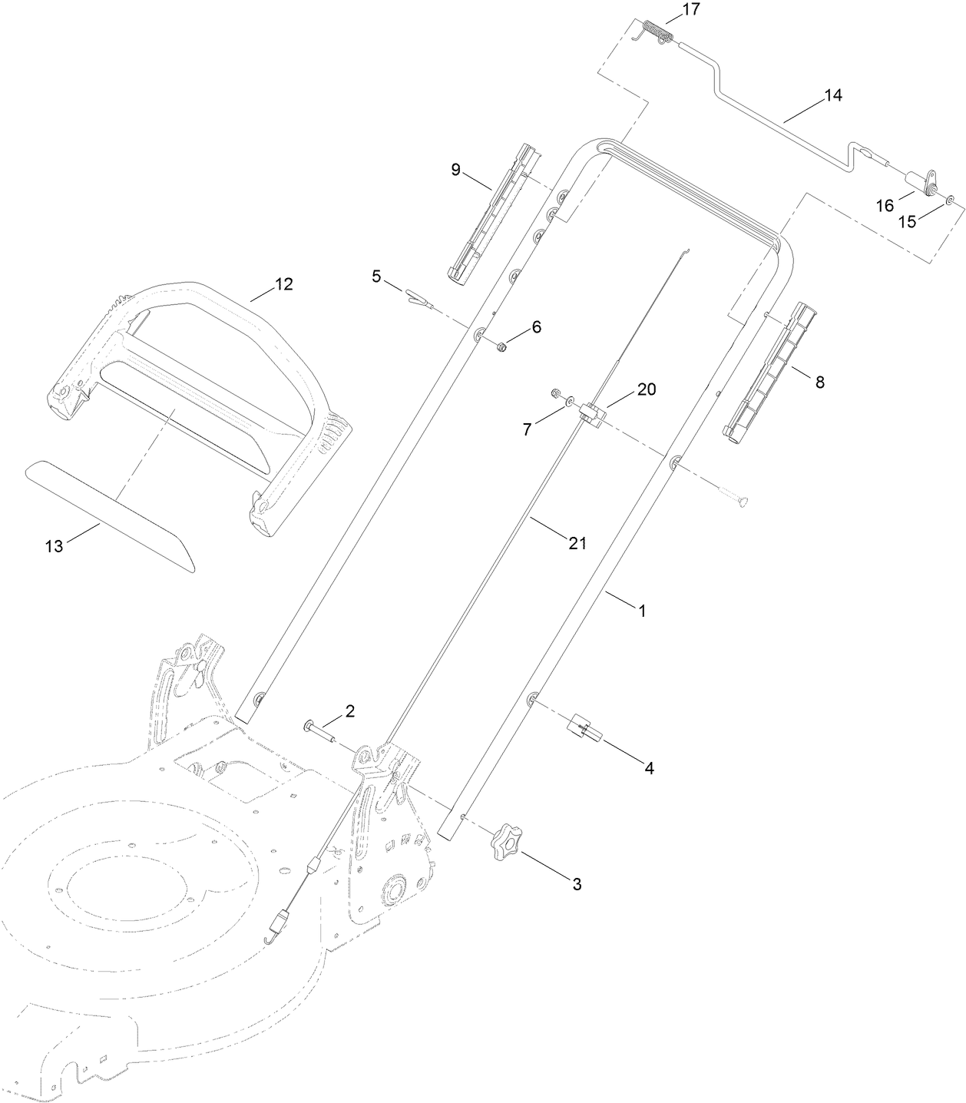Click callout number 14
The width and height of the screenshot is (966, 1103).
coord(832,96)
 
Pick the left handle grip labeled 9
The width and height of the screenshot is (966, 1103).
coord(491,210)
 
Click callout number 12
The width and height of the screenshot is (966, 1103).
coord(283,284)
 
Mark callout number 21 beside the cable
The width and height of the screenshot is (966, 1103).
coord(577,543)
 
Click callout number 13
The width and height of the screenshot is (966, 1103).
coord(54,546)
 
